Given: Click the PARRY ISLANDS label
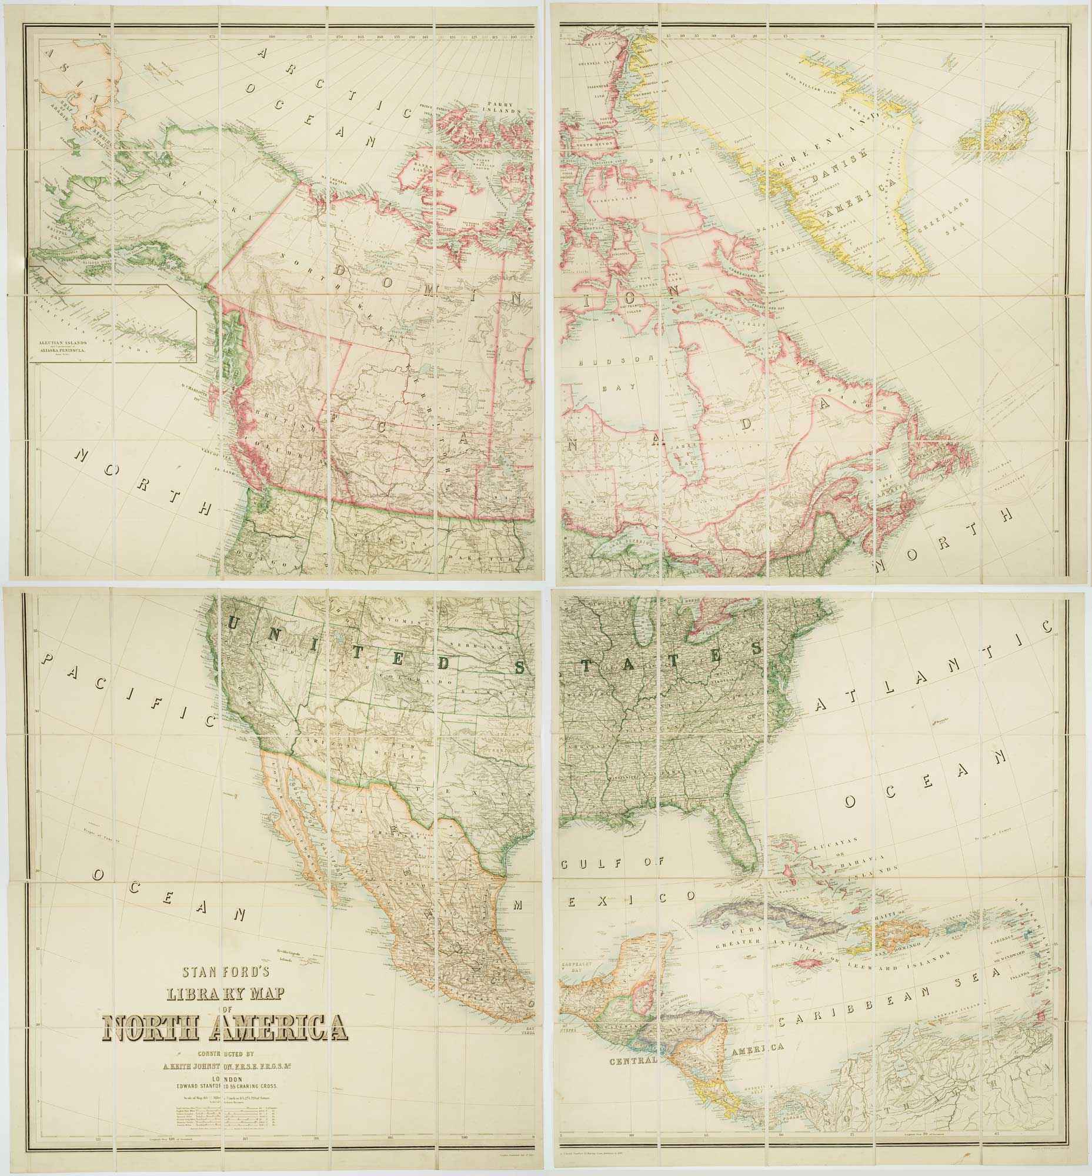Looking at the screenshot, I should point(500,107).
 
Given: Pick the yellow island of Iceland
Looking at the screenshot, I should point(998,135).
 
